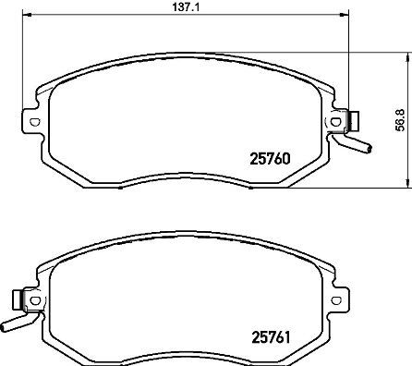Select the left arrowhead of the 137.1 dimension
(x=25, y=17)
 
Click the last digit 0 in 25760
(x=287, y=157)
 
